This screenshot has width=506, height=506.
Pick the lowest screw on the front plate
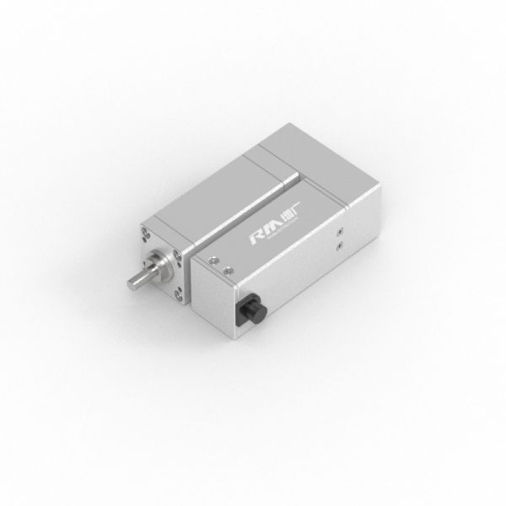click(x=180, y=294)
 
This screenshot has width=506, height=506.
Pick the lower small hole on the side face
click(x=339, y=245)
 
